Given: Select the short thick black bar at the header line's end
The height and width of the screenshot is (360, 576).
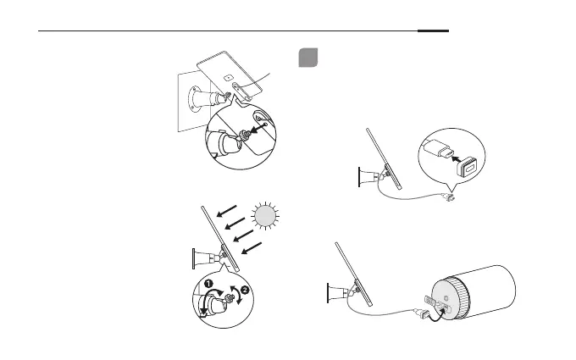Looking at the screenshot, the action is coord(433,31).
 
